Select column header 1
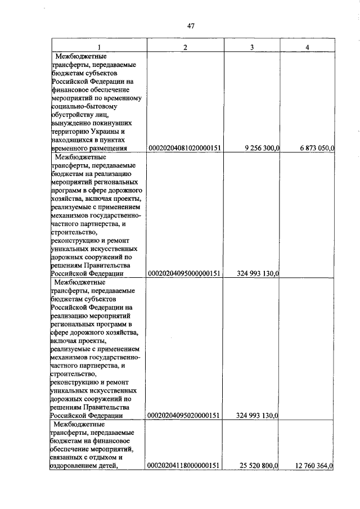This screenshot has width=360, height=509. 99,47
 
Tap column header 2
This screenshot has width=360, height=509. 185,47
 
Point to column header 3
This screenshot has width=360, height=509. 252,47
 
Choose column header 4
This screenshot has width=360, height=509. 307,47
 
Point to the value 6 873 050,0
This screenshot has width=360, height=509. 313,148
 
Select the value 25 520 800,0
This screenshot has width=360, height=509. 258,466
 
